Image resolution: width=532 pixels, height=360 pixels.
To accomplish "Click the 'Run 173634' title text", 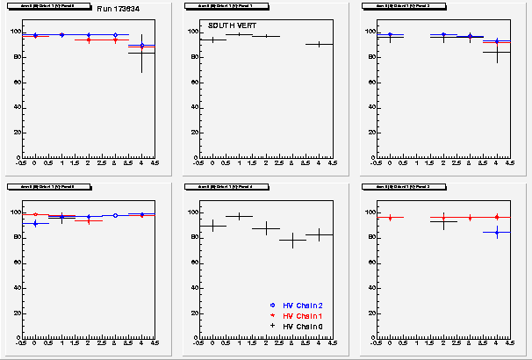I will (x=115, y=8).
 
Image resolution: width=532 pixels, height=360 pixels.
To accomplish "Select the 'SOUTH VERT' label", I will (x=226, y=25).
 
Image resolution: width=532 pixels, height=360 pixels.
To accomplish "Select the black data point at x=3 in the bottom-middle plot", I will (x=292, y=240).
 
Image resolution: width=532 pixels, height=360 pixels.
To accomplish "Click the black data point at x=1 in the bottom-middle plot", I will (x=239, y=216).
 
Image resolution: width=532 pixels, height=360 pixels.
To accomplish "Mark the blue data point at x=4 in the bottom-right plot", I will (x=496, y=233).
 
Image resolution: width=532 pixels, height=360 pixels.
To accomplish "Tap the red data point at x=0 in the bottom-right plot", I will (x=390, y=217).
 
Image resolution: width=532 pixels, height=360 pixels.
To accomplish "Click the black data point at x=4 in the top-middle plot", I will (x=320, y=44).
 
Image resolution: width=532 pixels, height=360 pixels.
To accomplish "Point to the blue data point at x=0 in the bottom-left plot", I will (x=34, y=223).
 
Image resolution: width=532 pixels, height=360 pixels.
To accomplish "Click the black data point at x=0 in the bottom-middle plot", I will (x=212, y=226).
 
